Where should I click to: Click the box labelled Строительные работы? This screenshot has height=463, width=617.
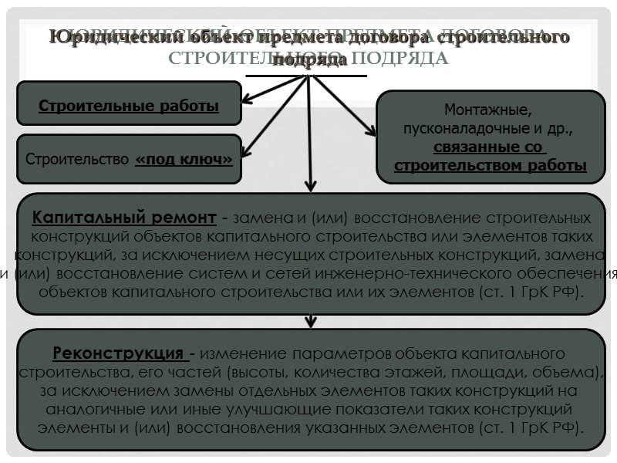[129, 105]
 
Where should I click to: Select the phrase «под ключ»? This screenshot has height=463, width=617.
[184, 160]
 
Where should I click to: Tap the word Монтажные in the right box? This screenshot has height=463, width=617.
[488, 111]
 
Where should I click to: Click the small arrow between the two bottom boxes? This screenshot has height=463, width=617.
[310, 321]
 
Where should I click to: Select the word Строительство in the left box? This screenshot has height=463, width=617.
[77, 161]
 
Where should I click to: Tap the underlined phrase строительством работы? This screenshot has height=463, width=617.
[490, 165]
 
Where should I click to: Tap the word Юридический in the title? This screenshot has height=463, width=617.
[105, 38]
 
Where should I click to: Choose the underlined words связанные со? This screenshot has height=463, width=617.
[489, 147]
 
